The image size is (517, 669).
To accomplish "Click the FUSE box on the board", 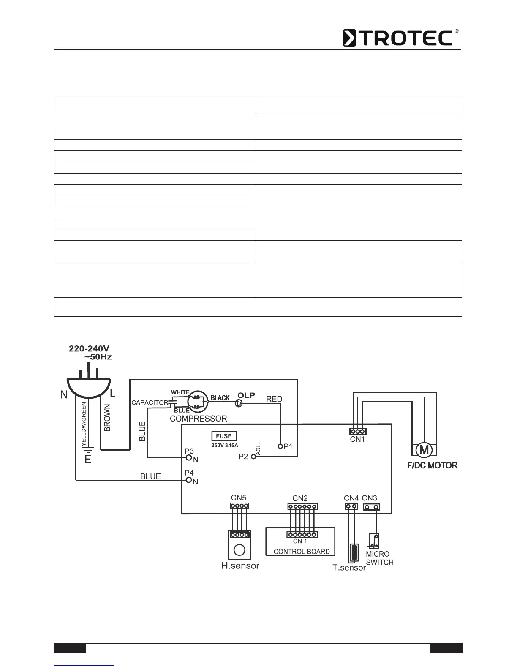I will coord(224,436).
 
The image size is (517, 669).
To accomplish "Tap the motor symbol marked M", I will coord(423,450).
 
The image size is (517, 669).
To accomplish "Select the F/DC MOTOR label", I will coord(432,465).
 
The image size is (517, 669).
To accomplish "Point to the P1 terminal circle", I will coord(280,446).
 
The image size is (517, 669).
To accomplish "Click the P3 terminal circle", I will coord(189,457).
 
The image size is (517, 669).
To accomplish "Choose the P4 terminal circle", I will coord(189,480).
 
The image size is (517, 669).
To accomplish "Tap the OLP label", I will coord(246,395).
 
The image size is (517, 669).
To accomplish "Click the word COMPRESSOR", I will coord(198,419).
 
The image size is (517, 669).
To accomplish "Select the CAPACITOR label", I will coord(150,403).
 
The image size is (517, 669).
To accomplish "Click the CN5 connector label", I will coord(239,498).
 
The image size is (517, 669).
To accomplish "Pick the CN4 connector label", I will coord(351,498).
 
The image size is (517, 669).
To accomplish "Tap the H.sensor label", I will coord(240,566).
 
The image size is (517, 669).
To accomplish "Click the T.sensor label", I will coord(349,568).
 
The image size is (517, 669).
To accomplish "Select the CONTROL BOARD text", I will coord(302,552).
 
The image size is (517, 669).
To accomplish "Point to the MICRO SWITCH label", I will coord(379,558).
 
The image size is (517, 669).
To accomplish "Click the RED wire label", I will coord(274,399).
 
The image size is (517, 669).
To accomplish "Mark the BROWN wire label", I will coord(107,418).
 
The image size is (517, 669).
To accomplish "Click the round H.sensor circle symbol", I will coord(239,549).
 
